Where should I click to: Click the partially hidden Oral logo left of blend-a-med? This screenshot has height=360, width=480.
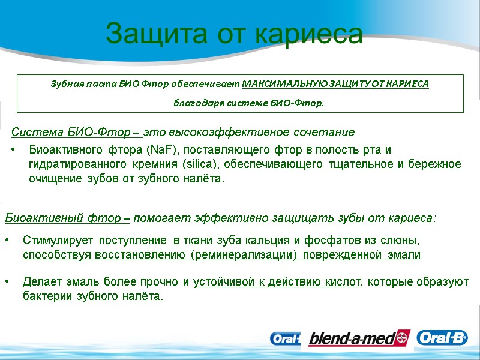coord(284,339)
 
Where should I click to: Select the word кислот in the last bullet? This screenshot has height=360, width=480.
coord(344,281)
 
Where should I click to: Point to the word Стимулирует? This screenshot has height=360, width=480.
coord(58,241)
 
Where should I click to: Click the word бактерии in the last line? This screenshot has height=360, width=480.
coord(45,296)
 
